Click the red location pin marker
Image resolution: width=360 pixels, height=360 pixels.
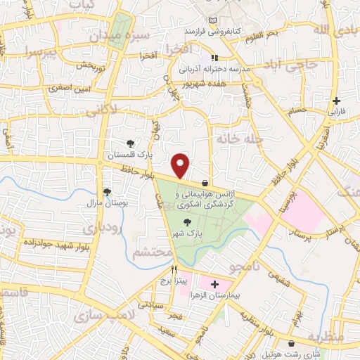point(181,165)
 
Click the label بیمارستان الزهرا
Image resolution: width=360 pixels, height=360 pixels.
point(212,297)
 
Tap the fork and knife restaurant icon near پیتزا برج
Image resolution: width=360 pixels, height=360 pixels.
point(174,269)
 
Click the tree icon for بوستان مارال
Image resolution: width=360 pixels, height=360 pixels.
point(107,191)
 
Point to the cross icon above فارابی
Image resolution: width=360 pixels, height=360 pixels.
point(337,101)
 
